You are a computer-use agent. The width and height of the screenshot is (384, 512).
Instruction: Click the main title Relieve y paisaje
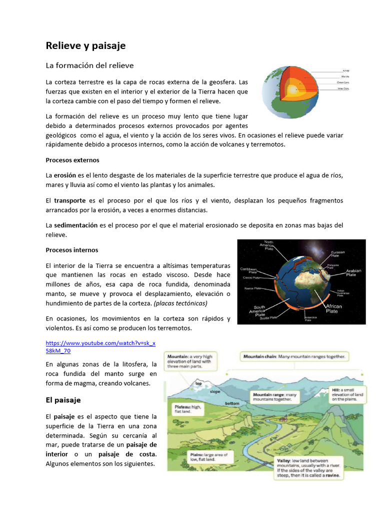[x=85, y=46]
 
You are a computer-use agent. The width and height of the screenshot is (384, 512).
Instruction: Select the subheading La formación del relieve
[x=89, y=65]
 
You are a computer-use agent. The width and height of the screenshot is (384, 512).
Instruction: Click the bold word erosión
[x=65, y=175]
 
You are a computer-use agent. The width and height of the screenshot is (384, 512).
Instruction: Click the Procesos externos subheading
[x=72, y=160]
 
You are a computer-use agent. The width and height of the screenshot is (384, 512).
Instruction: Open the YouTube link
[x=100, y=347]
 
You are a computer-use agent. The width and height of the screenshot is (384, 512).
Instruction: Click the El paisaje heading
[x=63, y=400]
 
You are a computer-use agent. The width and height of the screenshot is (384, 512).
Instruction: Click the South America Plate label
[x=258, y=311]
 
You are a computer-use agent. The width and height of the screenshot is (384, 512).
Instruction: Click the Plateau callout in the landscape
[x=189, y=409]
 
